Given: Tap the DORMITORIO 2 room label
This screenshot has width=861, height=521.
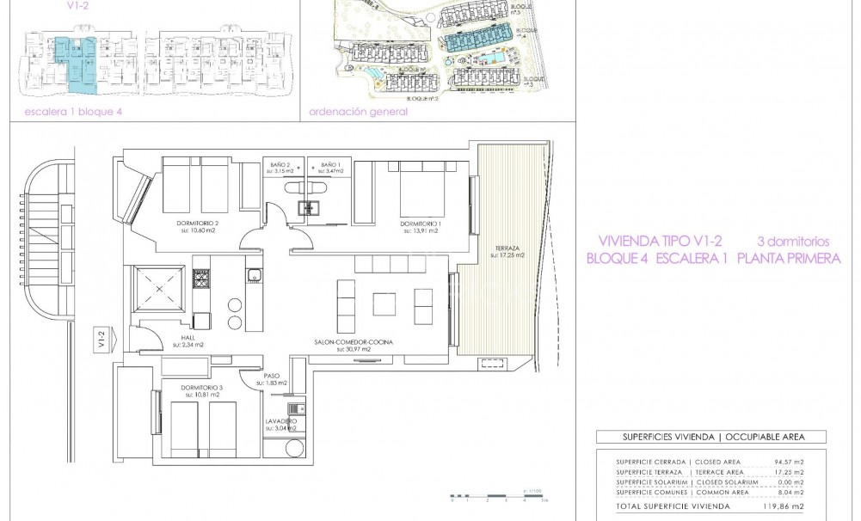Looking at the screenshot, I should click(x=199, y=224).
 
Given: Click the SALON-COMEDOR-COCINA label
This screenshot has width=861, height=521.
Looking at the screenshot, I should click(x=354, y=342).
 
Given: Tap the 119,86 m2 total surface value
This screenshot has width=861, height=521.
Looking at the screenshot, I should click(x=788, y=508).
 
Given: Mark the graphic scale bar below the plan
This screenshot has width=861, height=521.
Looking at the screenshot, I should click(x=486, y=497).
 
